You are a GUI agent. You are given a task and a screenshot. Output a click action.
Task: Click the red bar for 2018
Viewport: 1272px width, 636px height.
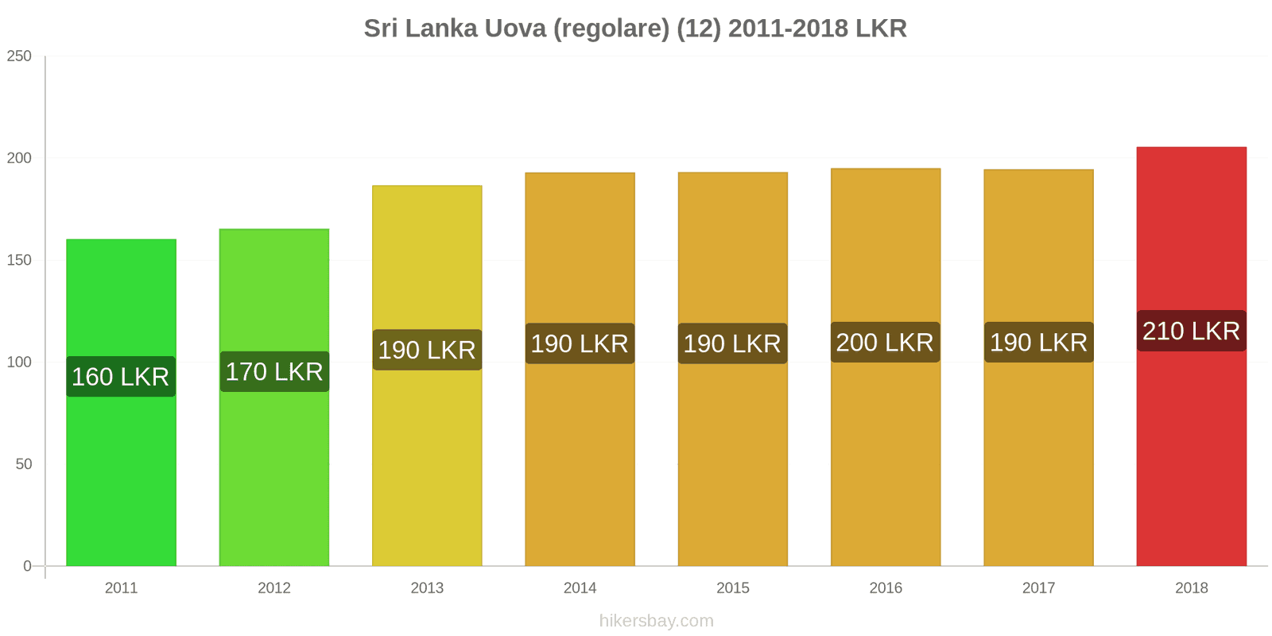tap(1191, 445)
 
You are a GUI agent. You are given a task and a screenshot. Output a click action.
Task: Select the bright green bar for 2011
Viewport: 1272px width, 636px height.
tap(121, 477)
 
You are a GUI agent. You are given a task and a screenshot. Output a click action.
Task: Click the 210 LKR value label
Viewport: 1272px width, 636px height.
tap(1191, 331)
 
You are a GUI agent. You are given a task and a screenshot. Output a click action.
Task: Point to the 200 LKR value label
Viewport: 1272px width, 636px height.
tap(885, 343)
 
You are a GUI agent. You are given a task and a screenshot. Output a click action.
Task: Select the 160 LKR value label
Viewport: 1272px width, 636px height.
tap(121, 377)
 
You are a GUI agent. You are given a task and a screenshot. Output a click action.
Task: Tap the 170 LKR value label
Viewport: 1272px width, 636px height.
tap(273, 371)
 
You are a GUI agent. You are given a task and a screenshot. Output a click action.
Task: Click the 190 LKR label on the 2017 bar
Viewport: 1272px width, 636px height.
tap(1038, 343)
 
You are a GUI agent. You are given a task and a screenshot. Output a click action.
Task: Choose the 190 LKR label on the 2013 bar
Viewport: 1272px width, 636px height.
tap(427, 350)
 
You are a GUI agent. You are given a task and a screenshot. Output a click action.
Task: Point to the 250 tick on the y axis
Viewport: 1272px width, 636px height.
tap(19, 56)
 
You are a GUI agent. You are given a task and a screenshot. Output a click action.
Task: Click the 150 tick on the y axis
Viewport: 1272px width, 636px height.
tap(19, 260)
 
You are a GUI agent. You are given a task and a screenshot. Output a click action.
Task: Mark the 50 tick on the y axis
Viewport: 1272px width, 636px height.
tap(23, 464)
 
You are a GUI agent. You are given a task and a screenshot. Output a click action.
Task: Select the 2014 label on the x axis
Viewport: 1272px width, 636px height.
tap(580, 588)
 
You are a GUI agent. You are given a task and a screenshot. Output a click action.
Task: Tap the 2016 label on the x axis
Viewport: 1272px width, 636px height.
tap(886, 588)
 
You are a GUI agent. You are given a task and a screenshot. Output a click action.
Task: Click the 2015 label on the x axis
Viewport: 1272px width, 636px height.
tap(732, 588)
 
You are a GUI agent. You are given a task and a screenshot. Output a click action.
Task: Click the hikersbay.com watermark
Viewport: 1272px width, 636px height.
tap(656, 621)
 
